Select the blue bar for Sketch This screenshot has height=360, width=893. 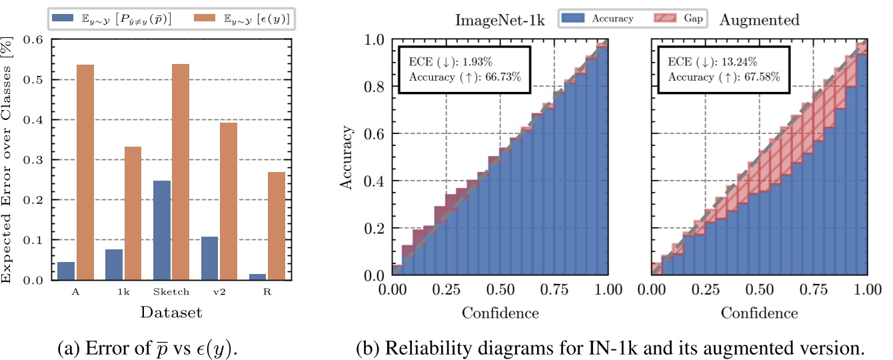[161, 230]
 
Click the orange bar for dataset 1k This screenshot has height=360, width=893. [133, 213]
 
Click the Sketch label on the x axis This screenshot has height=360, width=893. [171, 292]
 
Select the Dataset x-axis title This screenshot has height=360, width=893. [171, 312]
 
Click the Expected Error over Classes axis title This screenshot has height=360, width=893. [9, 160]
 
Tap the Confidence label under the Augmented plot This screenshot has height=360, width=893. [759, 312]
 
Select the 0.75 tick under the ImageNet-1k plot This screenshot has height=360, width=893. [554, 291]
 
